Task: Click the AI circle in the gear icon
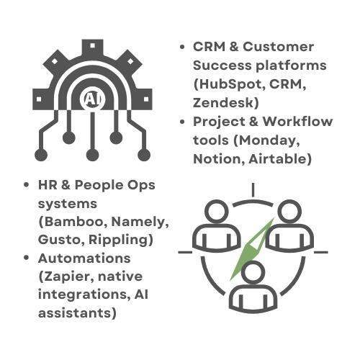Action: [x=92, y=99]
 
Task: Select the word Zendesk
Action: [x=222, y=103]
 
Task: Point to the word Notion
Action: [x=217, y=159]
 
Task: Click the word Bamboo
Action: [x=73, y=222]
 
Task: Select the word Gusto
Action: [x=59, y=240]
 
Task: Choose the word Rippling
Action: [x=118, y=240]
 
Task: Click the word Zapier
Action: [x=68, y=276]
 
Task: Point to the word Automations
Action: [x=84, y=258]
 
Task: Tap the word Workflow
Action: [x=297, y=122]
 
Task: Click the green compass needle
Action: [x=253, y=249]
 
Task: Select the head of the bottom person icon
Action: [x=253, y=273]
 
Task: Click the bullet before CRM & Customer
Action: [x=182, y=47]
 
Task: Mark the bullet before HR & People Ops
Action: [x=27, y=185]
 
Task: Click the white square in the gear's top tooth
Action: [x=92, y=45]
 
